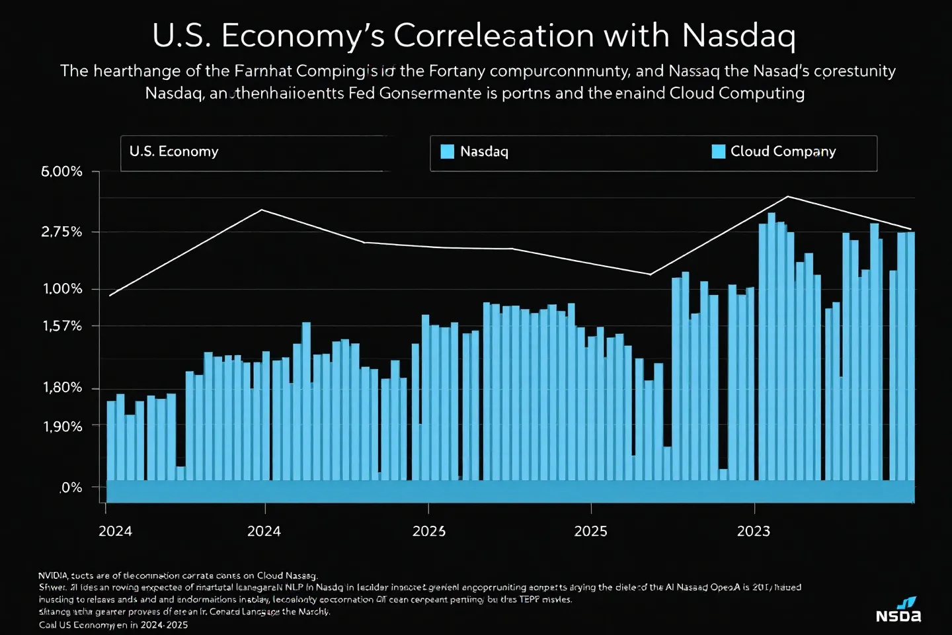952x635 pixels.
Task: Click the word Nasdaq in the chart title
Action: coord(738,36)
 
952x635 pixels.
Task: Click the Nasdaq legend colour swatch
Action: coord(448,151)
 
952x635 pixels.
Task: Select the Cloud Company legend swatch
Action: coord(718,151)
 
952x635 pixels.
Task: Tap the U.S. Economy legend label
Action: coord(174,151)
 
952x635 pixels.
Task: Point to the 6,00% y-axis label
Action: coord(62,172)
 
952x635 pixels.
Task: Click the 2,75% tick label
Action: coord(62,232)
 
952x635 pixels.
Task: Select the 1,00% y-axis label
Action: coord(63,289)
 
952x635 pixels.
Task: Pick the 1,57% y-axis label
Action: coord(63,326)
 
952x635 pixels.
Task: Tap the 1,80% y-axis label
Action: coord(63,388)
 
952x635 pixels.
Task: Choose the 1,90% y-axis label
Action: coord(63,427)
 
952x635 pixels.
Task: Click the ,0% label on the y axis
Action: coord(71,488)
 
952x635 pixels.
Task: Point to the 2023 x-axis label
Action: coord(754,531)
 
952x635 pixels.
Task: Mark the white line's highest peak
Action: coord(787,196)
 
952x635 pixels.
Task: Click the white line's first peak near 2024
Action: coord(262,210)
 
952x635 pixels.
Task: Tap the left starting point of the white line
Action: coord(110,296)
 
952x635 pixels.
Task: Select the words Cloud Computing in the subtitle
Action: coord(736,93)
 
